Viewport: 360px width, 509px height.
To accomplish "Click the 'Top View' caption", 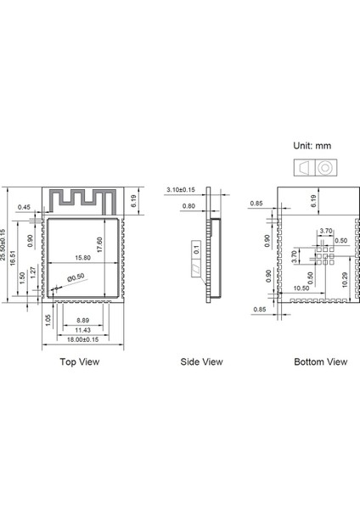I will click(x=80, y=361).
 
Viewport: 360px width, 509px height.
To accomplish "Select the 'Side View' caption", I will click(x=201, y=361).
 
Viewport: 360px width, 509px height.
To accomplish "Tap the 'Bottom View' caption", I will click(x=320, y=361).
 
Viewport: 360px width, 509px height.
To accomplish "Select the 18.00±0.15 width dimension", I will click(x=83, y=339).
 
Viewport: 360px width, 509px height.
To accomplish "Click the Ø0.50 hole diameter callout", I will click(x=76, y=277).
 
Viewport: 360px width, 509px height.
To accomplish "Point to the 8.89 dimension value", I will click(x=83, y=321).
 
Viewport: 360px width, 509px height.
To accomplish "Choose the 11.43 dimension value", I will click(x=83, y=330).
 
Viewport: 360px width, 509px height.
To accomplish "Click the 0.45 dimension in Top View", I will click(x=25, y=207).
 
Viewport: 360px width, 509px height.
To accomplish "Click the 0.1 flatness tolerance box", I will click(x=197, y=249).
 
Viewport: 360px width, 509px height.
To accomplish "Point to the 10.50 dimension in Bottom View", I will click(x=300, y=288).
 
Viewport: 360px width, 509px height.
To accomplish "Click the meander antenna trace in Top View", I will click(x=83, y=199).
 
